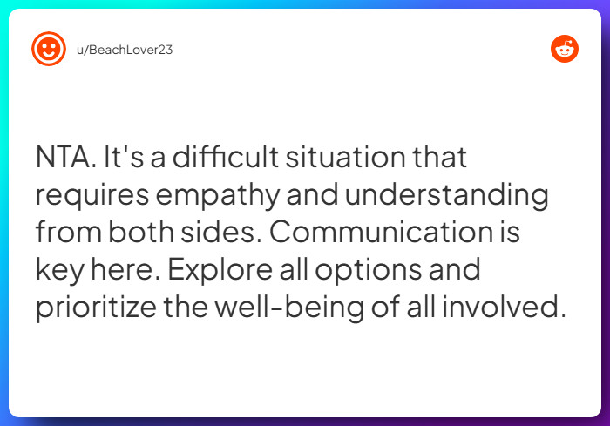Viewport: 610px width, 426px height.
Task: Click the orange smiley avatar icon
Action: pyautogui.click(x=49, y=49)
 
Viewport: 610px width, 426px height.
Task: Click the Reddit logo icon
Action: pyautogui.click(x=565, y=49)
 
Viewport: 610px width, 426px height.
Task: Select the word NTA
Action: pyautogui.click(x=65, y=159)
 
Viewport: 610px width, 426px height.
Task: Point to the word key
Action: pyautogui.click(x=57, y=271)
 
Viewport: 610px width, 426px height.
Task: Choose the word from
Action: pyautogui.click(x=70, y=233)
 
